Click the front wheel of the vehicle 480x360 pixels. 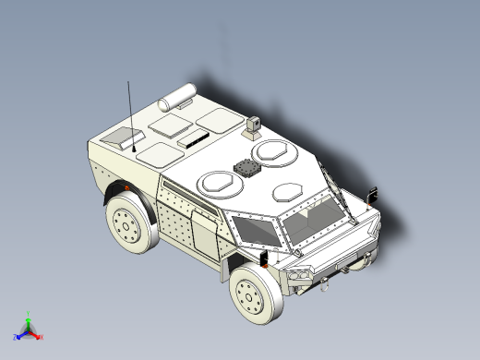tap(255, 293)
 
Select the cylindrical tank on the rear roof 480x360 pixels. tap(178, 94)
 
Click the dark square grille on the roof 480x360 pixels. tap(247, 169)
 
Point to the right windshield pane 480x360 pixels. tap(312, 219)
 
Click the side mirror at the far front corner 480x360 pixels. tap(374, 194)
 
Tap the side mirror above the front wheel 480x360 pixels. tap(268, 256)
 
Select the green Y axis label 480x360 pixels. tap(29, 315)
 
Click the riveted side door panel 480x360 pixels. tap(200, 233)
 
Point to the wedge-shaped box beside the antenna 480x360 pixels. tap(117, 139)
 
